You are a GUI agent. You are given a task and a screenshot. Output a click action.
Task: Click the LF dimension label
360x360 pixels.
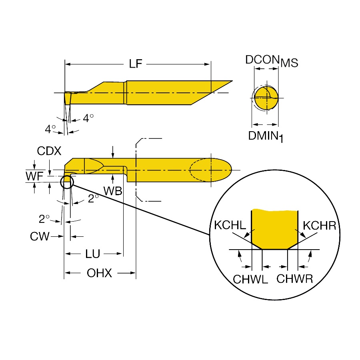point(136,64)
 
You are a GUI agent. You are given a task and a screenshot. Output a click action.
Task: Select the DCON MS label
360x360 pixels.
point(272,61)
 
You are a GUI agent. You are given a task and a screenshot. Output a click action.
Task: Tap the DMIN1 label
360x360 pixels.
point(266,136)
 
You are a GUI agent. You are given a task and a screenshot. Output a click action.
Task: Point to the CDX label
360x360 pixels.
point(49,151)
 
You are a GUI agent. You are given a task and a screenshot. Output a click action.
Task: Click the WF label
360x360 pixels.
point(34,176)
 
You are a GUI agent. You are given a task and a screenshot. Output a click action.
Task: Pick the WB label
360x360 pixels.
point(113,191)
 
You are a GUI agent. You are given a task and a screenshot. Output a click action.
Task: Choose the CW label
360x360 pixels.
point(40,236)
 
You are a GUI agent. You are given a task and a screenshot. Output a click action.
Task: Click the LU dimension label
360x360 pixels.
point(92,254)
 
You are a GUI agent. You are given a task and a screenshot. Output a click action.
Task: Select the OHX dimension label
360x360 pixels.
point(99,273)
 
